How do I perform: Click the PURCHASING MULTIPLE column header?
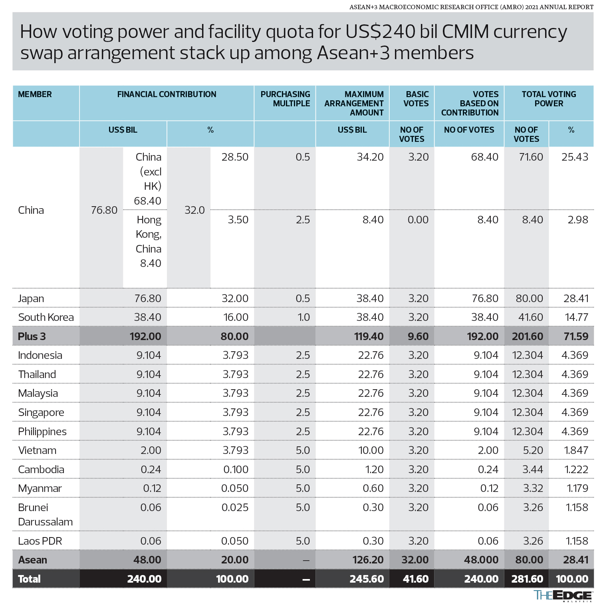point(285,99)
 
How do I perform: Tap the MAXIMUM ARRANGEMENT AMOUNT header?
point(354,103)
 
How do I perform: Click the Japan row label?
point(31,299)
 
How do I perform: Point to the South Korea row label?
point(46,317)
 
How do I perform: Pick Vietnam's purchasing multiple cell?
point(302,450)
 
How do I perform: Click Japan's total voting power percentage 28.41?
point(575,299)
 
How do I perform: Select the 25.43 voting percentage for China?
point(575,157)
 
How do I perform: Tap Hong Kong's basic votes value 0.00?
point(418,220)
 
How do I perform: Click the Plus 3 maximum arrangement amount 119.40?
point(369,336)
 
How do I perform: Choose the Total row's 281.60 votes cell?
point(527,579)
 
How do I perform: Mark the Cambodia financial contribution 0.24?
point(151,470)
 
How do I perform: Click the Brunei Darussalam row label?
point(45,515)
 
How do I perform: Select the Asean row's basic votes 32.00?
point(415,560)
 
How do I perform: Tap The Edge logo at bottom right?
point(563,595)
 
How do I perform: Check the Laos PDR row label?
point(40,541)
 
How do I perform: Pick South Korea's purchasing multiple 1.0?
point(303,317)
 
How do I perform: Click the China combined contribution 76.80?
point(104,210)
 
